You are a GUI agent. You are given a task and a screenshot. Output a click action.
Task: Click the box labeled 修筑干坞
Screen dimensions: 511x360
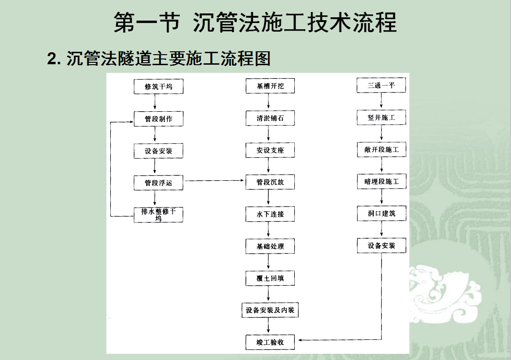(158, 86)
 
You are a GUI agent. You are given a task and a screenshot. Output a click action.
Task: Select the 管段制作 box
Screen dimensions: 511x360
(158, 118)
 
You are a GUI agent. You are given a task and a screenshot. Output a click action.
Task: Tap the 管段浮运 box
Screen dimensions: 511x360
(158, 183)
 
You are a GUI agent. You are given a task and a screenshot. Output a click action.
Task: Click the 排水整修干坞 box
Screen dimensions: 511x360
(158, 215)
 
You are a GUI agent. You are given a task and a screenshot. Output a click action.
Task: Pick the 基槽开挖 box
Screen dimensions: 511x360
(270, 86)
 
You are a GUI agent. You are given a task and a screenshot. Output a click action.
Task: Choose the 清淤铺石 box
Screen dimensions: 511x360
(270, 118)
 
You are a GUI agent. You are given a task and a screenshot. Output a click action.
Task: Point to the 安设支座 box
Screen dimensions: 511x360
(270, 150)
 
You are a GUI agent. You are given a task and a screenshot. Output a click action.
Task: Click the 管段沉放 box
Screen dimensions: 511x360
(270, 182)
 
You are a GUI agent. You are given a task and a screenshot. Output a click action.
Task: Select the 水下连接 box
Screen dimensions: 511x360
(270, 214)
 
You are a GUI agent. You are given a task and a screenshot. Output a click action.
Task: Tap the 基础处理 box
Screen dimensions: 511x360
(270, 246)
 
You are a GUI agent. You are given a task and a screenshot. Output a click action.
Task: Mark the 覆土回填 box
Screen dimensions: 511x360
(270, 278)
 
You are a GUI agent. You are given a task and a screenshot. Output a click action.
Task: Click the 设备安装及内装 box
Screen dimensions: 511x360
(270, 310)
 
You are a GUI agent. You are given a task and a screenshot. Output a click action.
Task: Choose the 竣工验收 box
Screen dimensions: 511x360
(270, 342)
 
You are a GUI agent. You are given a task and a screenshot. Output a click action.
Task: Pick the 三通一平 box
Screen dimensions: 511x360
(381, 85)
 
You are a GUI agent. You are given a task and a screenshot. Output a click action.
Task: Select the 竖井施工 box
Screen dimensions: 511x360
(381, 117)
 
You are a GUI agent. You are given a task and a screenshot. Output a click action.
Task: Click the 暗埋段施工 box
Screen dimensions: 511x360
(382, 181)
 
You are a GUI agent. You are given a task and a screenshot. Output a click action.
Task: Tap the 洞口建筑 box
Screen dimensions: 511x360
(382, 213)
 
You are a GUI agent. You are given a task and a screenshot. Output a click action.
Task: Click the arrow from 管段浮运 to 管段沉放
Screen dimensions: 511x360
(214, 181)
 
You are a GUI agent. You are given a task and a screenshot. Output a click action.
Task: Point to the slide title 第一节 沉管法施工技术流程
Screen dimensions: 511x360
(255, 23)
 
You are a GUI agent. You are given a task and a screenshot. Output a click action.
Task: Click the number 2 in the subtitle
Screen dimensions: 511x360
(52, 59)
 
